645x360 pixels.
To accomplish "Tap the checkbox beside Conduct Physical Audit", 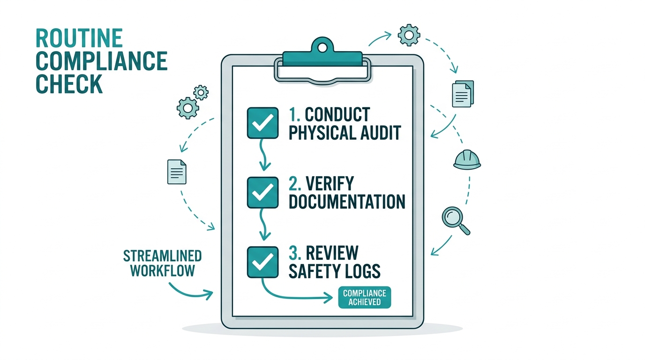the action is coord(262,123).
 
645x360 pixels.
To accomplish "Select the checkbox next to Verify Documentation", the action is coord(262,192).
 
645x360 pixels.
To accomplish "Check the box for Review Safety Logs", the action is coord(262,262).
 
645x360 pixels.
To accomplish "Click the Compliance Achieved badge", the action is coord(365,298).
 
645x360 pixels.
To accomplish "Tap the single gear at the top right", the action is coord(409,35).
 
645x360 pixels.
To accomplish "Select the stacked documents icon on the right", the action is coord(463,94).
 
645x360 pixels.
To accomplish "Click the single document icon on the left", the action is coord(177,172).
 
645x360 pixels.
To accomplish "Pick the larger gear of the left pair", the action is coord(188,108).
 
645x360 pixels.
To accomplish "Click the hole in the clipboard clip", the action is coord(322,47).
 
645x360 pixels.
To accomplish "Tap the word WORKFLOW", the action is coord(163,271).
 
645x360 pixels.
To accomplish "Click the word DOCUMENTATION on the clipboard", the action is coord(347,201).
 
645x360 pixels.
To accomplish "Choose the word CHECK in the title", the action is coord(69,84).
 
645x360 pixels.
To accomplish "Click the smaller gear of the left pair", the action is coord(201,92).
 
